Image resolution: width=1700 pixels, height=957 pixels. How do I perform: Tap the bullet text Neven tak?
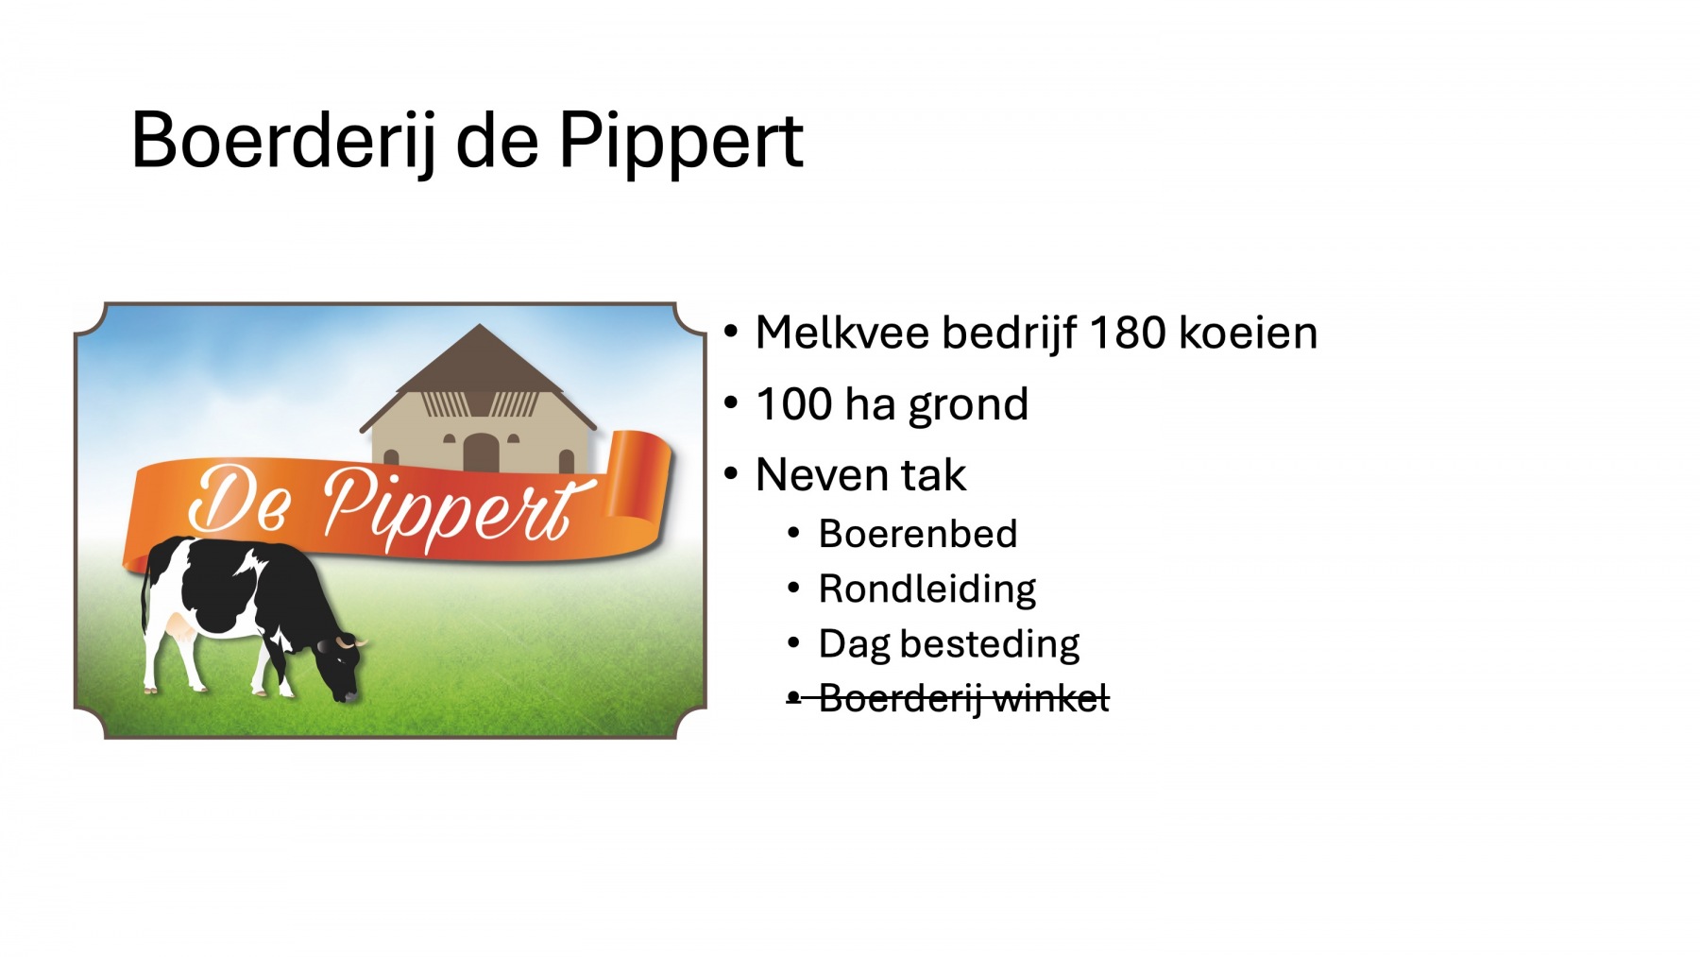(x=860, y=475)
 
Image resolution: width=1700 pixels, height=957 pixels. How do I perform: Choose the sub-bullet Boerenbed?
(x=918, y=535)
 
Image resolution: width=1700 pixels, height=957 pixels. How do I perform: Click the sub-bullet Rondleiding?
(x=927, y=590)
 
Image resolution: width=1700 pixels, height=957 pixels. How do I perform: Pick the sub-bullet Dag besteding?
(x=949, y=645)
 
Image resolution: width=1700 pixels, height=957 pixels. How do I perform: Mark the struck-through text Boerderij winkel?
(x=963, y=699)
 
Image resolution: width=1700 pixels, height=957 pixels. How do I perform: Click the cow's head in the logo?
(x=342, y=669)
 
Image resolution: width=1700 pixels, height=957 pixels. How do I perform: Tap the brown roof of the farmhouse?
(x=479, y=364)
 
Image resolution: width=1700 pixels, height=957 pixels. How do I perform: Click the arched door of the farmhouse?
(x=481, y=453)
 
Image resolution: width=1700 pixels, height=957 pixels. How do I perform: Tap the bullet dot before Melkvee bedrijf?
(x=731, y=333)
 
